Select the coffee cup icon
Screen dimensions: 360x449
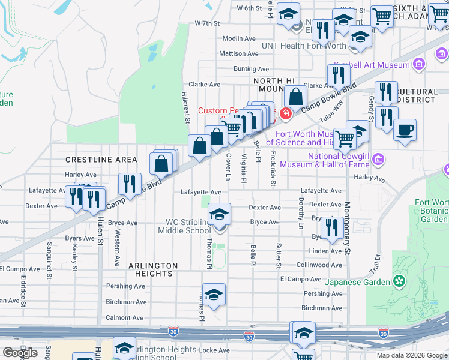click(405, 130)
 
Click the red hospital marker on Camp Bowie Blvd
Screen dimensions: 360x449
click(286, 112)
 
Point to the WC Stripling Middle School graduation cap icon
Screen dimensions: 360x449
click(220, 214)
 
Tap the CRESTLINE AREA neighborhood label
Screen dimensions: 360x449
click(101, 160)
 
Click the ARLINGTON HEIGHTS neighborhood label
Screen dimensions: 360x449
click(154, 269)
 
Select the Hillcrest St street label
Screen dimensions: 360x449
click(186, 107)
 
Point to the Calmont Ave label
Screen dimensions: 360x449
click(125, 318)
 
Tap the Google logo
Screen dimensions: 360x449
click(20, 352)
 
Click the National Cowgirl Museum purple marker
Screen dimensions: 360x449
click(378, 160)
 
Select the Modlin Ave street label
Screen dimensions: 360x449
click(239, 38)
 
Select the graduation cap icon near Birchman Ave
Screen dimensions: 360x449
click(214, 294)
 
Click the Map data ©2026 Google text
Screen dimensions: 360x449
click(412, 355)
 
